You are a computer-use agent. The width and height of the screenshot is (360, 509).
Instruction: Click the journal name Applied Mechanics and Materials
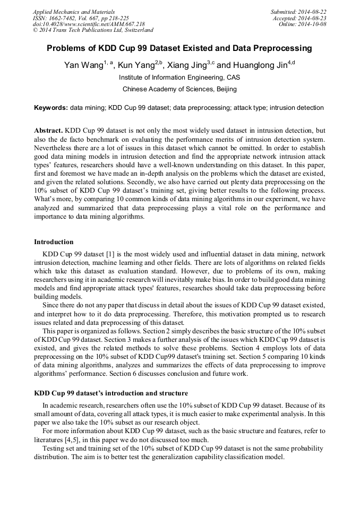73,12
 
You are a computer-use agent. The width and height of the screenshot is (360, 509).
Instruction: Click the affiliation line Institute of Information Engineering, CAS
179,77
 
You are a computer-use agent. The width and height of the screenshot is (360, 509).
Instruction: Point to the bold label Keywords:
51,108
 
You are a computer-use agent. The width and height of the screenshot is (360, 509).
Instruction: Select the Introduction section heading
54,242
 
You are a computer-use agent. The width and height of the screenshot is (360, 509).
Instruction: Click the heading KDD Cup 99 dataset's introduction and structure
110,393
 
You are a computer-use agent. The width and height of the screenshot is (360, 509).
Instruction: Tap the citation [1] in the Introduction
112,255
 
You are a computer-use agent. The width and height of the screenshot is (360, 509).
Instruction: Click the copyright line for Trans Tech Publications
93,31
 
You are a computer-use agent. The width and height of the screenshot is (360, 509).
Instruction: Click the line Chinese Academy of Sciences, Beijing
179,89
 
